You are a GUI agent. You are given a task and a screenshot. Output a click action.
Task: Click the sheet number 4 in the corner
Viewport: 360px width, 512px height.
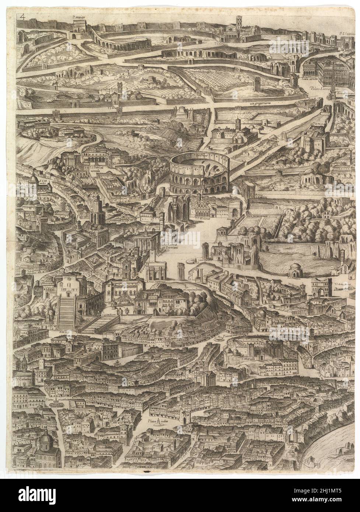click(x=23, y=17)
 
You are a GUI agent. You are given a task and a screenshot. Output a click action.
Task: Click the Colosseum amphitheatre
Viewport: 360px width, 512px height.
click(x=199, y=173)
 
